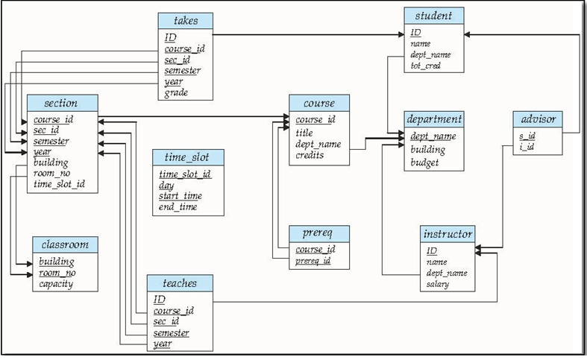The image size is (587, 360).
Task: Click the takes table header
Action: pyautogui.click(x=185, y=21)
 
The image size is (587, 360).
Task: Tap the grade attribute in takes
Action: pyautogui.click(x=177, y=93)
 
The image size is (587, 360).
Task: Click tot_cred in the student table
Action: pyautogui.click(x=426, y=66)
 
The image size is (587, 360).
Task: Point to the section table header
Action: pyautogui.click(x=61, y=103)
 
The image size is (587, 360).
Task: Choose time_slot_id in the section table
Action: pyautogui.click(x=64, y=184)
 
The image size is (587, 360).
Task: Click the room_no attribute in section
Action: pyautogui.click(x=51, y=173)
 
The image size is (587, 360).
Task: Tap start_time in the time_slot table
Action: pyautogui.click(x=179, y=196)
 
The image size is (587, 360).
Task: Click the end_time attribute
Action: pyautogui.click(x=178, y=207)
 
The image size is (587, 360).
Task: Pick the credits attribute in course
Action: pyautogui.click(x=310, y=155)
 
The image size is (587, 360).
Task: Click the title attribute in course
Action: pyautogui.click(x=304, y=133)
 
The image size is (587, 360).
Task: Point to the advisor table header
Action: pyautogui.click(x=536, y=119)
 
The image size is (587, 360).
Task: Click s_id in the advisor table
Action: pyautogui.click(x=527, y=136)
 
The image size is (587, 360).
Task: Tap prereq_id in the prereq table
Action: pyautogui.click(x=313, y=261)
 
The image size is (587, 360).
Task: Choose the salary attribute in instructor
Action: pyautogui.click(x=438, y=284)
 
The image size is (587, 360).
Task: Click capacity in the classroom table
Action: pyautogui.click(x=56, y=284)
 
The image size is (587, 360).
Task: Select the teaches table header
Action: pyautogui.click(x=179, y=282)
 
